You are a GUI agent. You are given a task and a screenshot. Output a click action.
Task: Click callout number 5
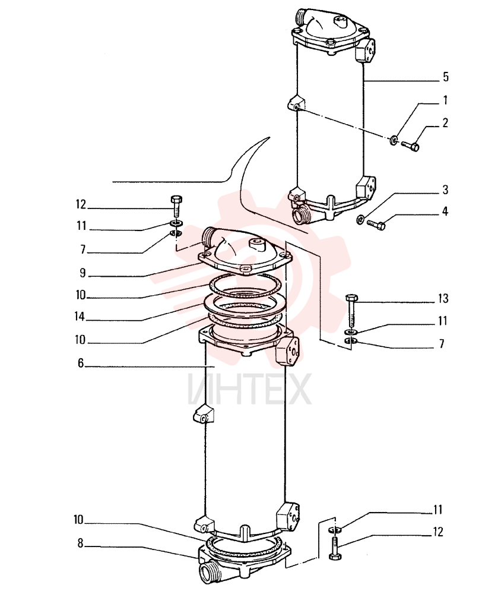click(446, 77)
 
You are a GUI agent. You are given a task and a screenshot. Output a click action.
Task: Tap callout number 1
click(445, 100)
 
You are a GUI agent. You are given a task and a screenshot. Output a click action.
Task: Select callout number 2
click(445, 123)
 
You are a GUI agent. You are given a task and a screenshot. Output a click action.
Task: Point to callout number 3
click(445, 189)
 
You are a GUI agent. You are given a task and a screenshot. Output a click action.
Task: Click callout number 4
click(445, 211)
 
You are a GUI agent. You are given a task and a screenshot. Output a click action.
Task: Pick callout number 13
click(443, 299)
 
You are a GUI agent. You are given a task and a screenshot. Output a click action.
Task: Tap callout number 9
click(83, 273)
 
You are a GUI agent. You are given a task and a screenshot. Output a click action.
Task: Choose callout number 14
click(80, 317)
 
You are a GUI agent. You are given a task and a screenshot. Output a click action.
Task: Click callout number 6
click(81, 364)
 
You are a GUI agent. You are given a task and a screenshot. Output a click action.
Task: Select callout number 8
click(80, 544)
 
